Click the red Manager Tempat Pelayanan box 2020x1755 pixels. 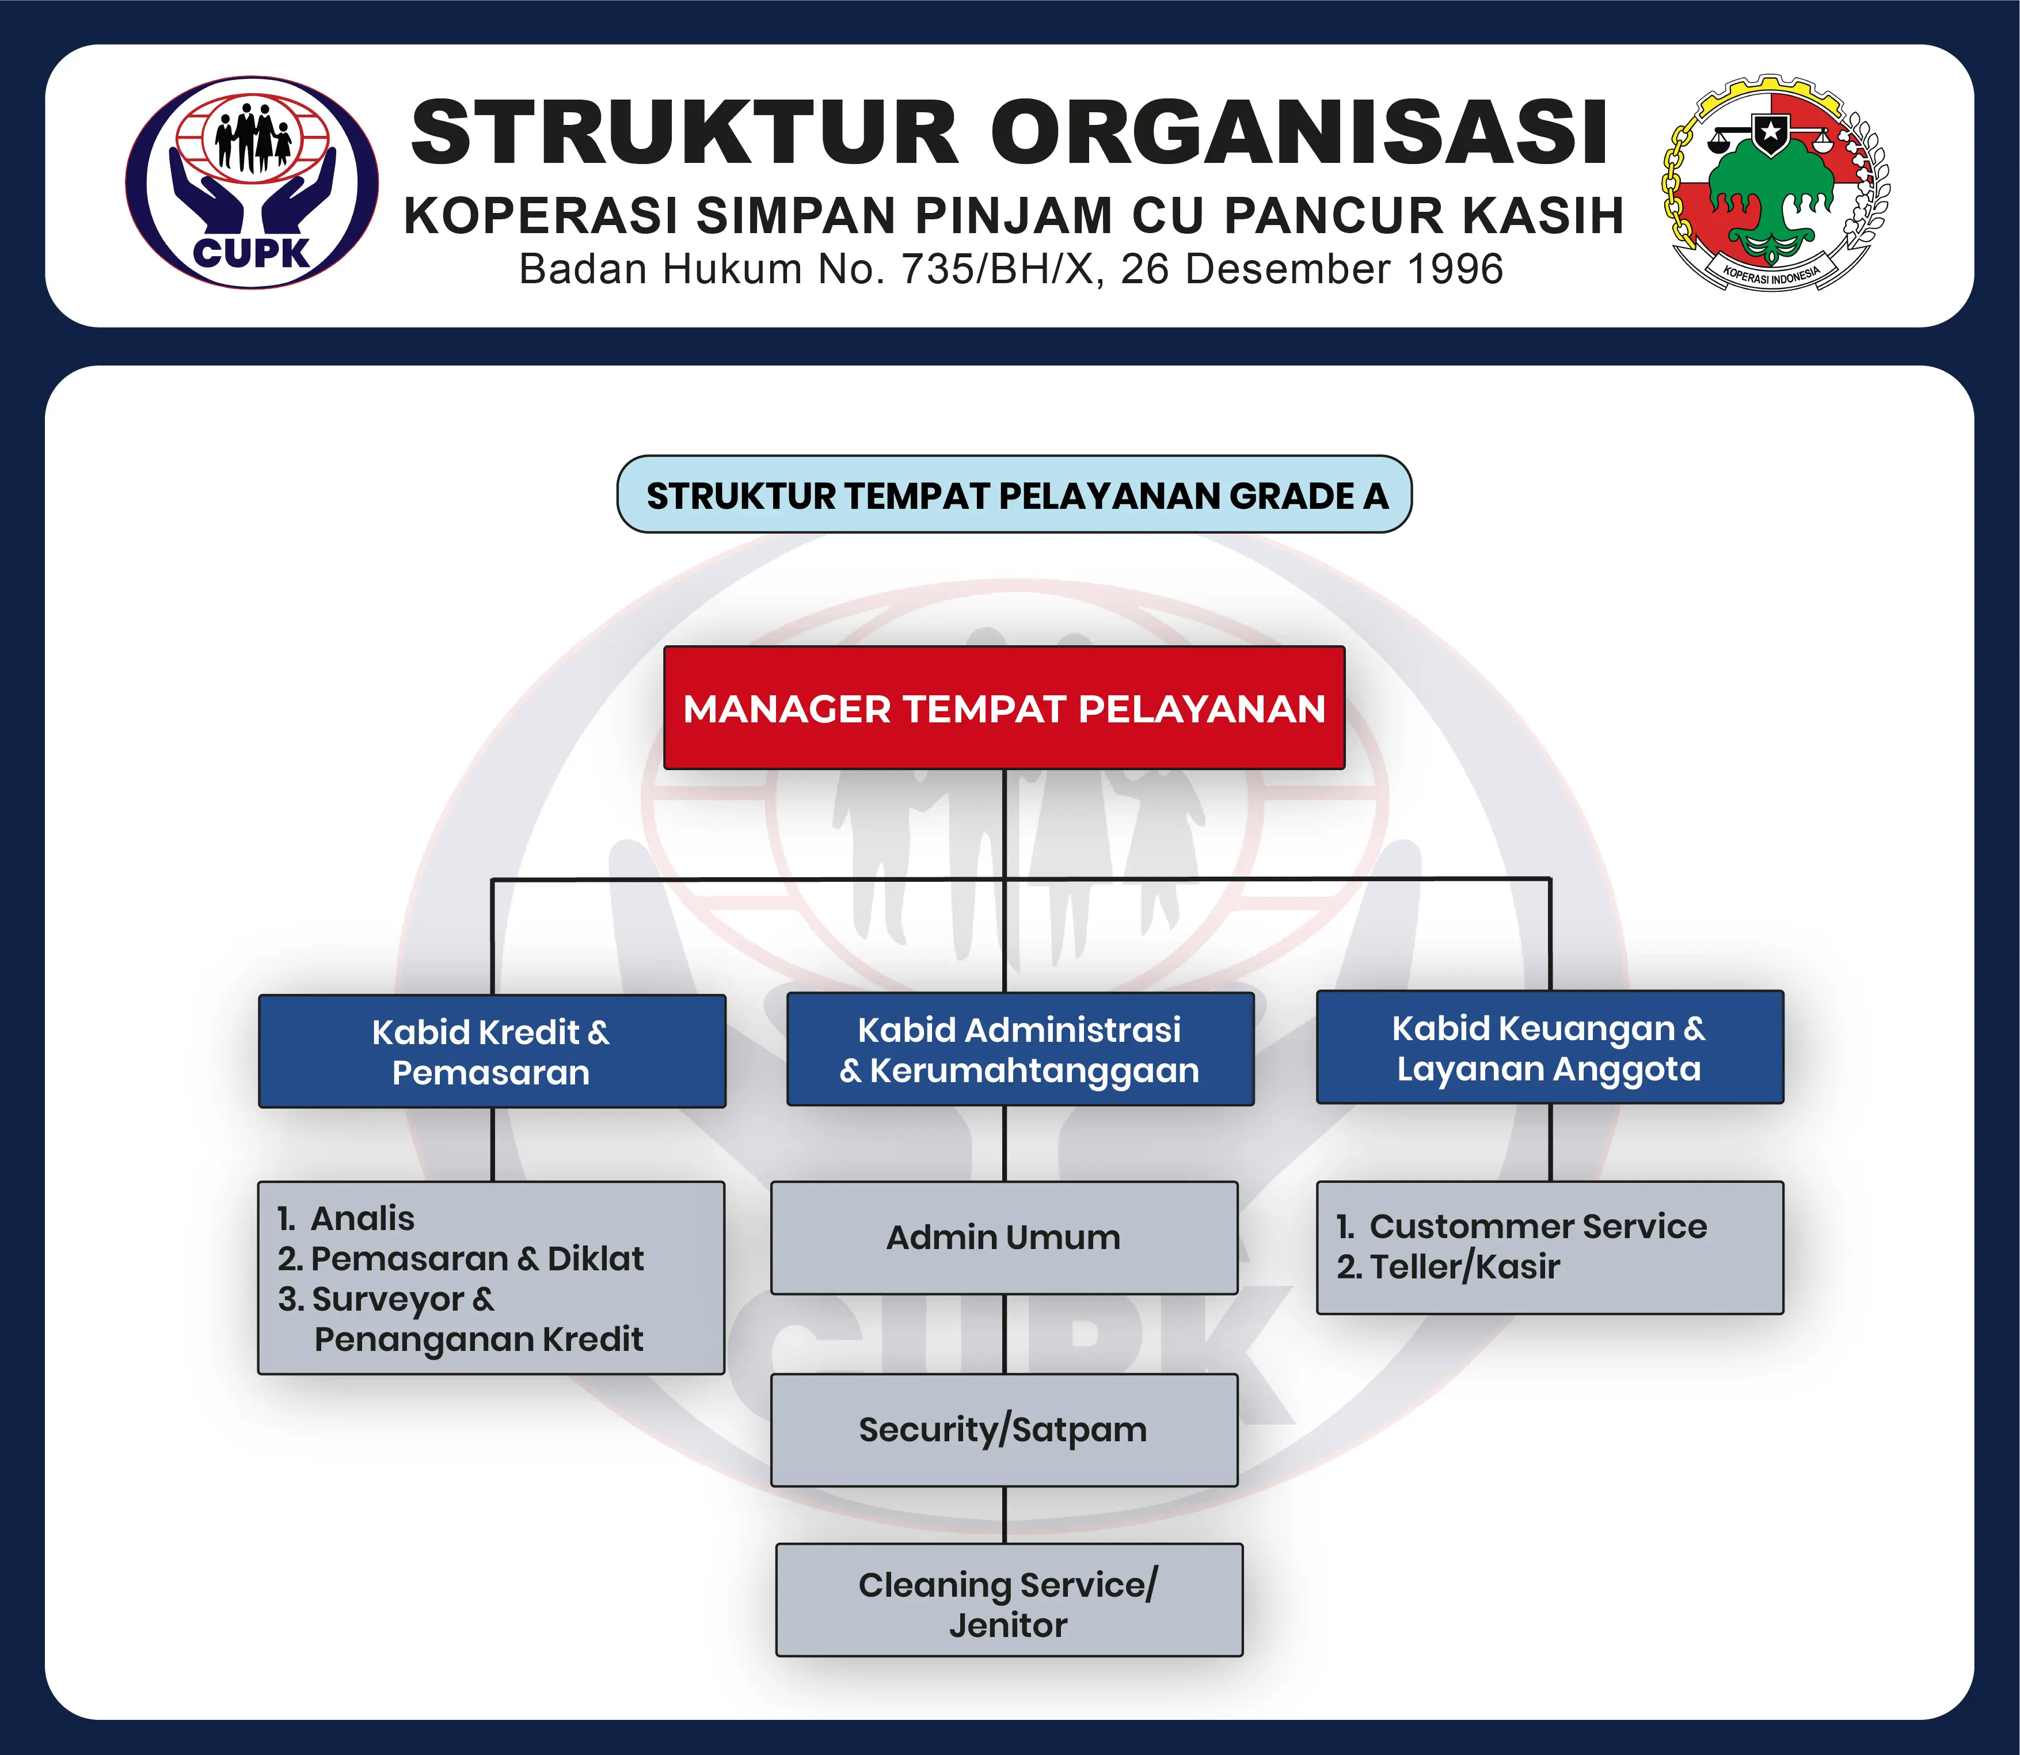point(1004,707)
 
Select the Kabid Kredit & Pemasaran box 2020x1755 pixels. point(492,1051)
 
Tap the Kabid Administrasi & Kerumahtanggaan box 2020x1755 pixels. point(1020,1049)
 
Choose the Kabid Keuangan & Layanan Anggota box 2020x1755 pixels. point(1550,1047)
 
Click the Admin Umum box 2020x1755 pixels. point(1004,1237)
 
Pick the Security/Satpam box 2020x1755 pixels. point(1004,1430)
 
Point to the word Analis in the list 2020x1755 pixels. point(363,1219)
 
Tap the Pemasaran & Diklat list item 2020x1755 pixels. point(461,1258)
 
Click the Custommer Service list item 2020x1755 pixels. point(1521,1226)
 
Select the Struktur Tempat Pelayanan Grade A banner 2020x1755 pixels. point(1014,494)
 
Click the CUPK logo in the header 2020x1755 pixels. point(252,182)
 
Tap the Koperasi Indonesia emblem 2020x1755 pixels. point(1775,182)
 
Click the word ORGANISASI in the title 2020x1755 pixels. point(1300,132)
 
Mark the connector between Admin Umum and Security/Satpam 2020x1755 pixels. point(1004,1334)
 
